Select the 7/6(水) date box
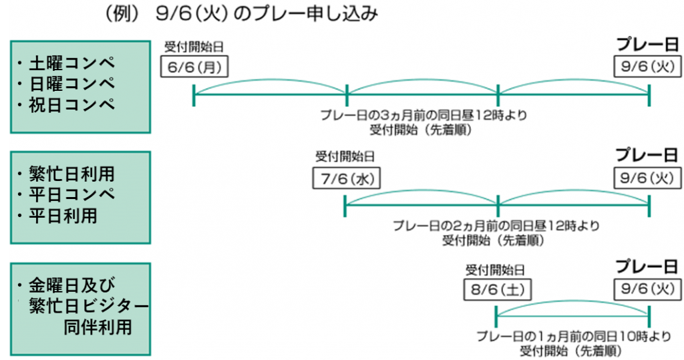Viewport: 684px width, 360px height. (x=345, y=178)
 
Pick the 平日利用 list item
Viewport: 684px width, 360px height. (x=63, y=216)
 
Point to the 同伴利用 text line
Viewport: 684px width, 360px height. (x=98, y=328)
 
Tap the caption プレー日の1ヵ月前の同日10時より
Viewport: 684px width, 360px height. (x=574, y=335)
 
